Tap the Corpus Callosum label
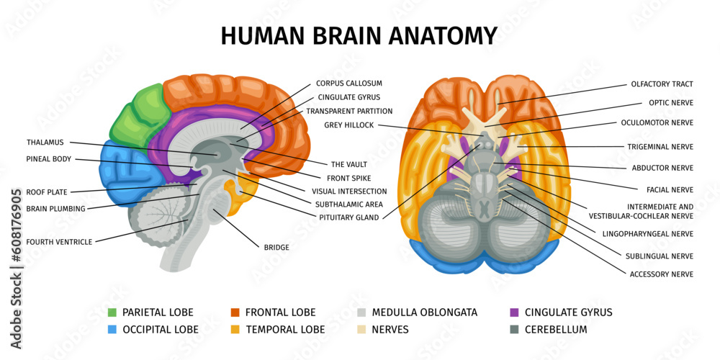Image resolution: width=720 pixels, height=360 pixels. pyautogui.click(x=348, y=84)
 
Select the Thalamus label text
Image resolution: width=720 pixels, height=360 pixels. pyautogui.click(x=45, y=143)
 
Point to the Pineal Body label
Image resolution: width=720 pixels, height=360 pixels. pyautogui.click(x=48, y=158)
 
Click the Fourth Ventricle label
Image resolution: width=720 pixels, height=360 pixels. pyautogui.click(x=59, y=242)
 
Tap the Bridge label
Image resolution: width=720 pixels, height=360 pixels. pyautogui.click(x=276, y=248)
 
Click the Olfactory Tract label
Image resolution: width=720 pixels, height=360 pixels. pyautogui.click(x=662, y=84)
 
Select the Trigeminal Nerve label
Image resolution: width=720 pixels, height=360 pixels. pyautogui.click(x=660, y=147)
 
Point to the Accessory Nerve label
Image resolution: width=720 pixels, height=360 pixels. pyautogui.click(x=661, y=274)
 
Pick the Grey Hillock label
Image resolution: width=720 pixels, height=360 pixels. pyautogui.click(x=348, y=125)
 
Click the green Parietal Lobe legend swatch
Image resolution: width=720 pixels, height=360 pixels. pyautogui.click(x=112, y=312)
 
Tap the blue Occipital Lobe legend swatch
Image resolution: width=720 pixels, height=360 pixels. pyautogui.click(x=112, y=330)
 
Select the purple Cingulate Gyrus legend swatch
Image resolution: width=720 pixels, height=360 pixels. pyautogui.click(x=514, y=312)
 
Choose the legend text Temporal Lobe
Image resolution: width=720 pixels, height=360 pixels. pyautogui.click(x=285, y=330)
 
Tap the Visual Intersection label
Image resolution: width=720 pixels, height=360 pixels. pyautogui.click(x=349, y=192)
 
